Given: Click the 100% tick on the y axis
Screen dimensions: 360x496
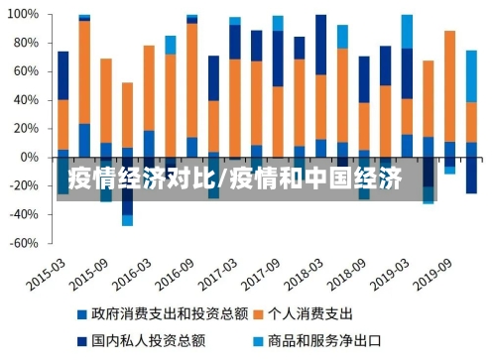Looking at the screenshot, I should click(x=24, y=16).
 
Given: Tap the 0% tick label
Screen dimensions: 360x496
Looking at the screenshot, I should click(x=30, y=158).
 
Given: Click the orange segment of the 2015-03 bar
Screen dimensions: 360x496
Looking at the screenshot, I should click(x=63, y=124).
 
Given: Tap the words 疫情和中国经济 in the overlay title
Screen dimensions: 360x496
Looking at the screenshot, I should click(x=314, y=180).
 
